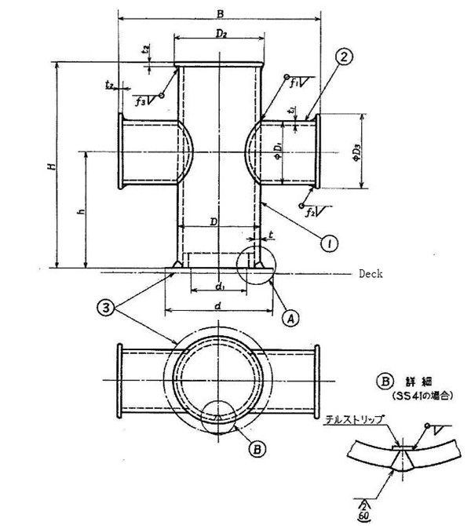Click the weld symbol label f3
141,101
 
